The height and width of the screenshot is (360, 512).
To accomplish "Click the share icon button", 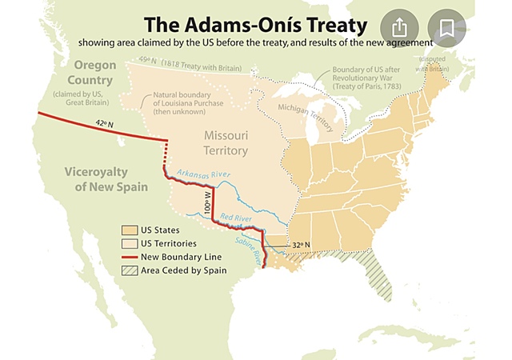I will tap(398, 26).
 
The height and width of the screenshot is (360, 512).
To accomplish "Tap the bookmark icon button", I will tap(446, 26).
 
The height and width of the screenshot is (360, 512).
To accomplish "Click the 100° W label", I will tap(206, 202).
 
